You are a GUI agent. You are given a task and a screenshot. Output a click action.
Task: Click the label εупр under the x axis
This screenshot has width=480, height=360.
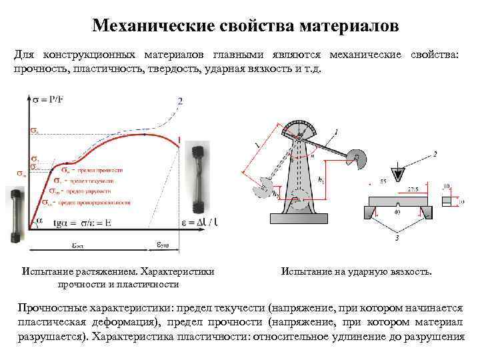[164, 244]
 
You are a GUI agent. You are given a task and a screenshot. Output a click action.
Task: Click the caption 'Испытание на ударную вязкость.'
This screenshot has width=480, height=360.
[357, 272]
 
